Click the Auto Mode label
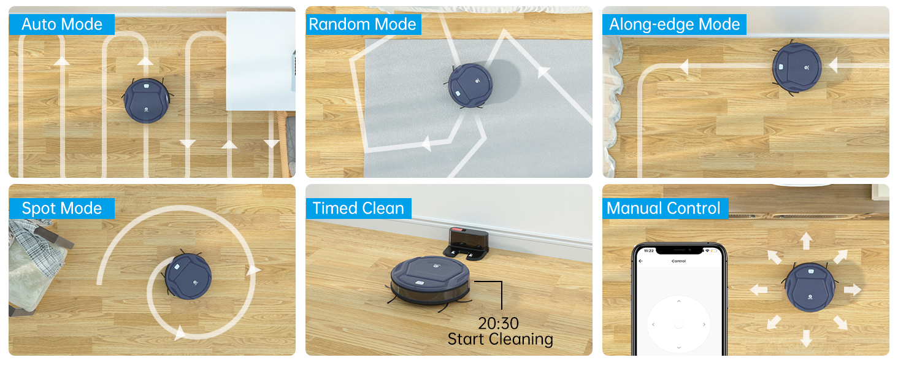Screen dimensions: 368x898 point(61,25)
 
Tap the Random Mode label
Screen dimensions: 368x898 point(362,25)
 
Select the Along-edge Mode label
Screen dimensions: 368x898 point(674,25)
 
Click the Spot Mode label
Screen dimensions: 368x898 point(61,209)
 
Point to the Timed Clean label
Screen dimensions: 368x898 point(358,209)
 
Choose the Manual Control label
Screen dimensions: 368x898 point(664,209)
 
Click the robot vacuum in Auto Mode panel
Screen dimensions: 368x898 point(147,100)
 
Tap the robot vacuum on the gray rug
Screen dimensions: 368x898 point(470,85)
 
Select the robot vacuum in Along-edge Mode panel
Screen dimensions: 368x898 point(796,67)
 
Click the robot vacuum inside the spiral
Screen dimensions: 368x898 point(188,275)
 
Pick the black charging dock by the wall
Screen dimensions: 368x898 point(467,242)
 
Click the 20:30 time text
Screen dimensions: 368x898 point(498,323)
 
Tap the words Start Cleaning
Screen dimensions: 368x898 point(500,339)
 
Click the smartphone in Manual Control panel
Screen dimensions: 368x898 point(678,301)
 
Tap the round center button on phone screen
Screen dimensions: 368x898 point(678,324)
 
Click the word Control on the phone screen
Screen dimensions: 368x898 point(678,261)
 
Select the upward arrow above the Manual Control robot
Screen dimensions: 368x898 point(807,240)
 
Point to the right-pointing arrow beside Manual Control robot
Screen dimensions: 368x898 point(852,289)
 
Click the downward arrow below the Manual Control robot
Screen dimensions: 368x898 point(806,338)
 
